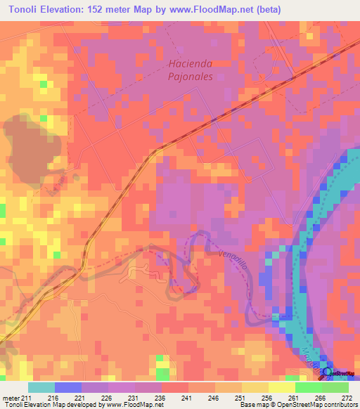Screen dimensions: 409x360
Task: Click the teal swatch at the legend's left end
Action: (x=41, y=387)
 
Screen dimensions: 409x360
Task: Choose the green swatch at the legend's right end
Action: (x=335, y=387)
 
